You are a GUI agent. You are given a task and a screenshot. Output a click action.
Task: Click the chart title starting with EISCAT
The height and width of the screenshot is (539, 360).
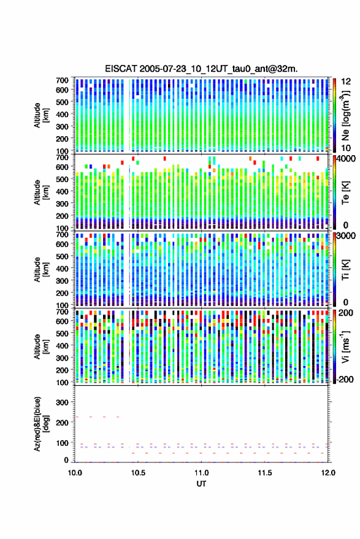201,69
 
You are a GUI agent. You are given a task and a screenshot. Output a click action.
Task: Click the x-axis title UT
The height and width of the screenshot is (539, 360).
201,484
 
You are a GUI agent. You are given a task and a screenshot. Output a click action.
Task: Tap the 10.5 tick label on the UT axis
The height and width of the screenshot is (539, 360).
138,473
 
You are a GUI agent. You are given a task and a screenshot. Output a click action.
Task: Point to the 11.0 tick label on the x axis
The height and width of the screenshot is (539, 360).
201,473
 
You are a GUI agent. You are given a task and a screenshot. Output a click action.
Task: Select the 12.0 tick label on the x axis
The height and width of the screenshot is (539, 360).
328,473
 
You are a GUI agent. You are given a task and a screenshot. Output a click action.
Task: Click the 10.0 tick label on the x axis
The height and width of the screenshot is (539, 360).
75,473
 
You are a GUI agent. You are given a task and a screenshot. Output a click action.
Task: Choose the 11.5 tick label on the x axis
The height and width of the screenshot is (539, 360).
264,473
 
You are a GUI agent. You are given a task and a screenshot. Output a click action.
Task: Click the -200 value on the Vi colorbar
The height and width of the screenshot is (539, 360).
345,379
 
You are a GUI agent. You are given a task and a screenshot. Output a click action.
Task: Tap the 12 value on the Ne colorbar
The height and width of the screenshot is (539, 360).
347,82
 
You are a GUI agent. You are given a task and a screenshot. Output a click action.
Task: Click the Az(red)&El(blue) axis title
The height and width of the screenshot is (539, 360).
41,424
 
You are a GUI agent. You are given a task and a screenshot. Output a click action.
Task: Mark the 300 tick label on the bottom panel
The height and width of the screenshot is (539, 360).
62,402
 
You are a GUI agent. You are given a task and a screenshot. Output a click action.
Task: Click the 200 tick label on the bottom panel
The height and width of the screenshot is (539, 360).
62,422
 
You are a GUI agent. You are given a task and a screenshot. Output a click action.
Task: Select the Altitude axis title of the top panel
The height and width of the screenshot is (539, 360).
41,115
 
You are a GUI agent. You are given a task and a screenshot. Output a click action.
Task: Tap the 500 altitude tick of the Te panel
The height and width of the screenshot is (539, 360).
62,179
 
